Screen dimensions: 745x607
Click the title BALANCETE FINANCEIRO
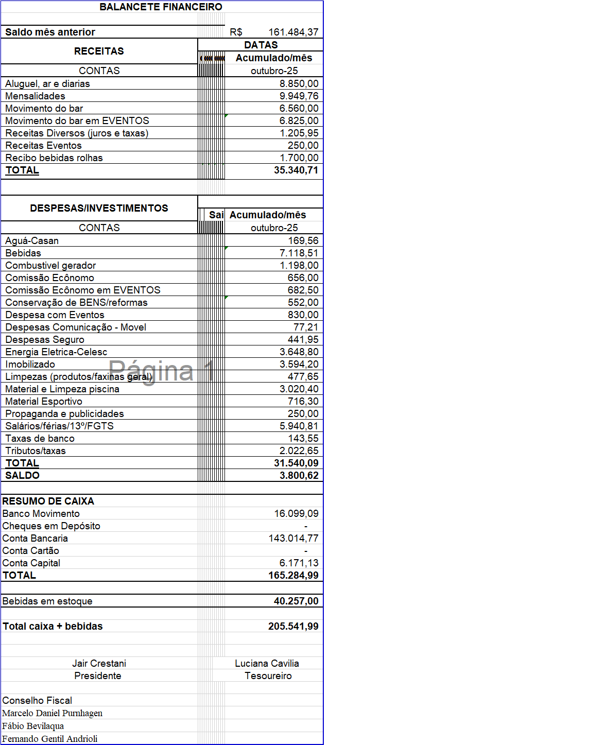point(161,7)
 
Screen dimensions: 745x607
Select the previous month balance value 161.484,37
point(293,32)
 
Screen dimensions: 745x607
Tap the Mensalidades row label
point(35,96)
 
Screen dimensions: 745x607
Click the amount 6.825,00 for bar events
point(299,120)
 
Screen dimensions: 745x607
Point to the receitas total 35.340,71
point(296,170)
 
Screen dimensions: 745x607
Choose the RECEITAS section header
point(99,51)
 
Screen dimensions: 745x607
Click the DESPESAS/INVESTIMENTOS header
point(99,208)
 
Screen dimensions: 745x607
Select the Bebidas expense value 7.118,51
point(299,253)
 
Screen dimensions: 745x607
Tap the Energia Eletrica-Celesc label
point(56,352)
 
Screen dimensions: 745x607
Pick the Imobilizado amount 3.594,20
point(299,364)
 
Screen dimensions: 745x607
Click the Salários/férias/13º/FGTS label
point(59,426)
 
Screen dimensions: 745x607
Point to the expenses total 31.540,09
point(296,463)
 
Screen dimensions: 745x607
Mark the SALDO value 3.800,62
point(299,475)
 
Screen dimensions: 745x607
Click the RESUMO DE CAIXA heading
point(48,501)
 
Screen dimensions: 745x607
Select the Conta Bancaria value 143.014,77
point(293,538)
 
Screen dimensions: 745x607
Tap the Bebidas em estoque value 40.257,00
point(296,601)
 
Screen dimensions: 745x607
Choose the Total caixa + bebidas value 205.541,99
point(293,626)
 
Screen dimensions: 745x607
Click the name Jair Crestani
point(99,663)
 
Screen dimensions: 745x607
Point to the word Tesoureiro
point(268,675)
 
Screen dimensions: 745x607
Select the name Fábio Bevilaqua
point(33,726)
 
